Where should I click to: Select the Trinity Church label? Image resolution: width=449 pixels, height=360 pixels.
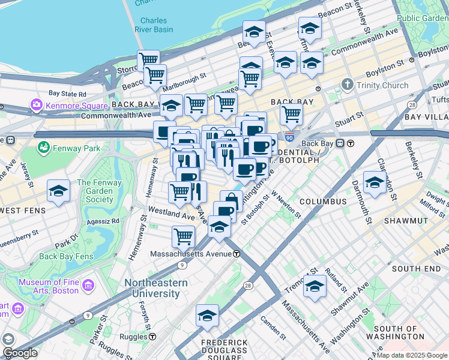[382, 85]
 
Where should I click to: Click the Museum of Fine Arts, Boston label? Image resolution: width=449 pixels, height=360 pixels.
[49, 286]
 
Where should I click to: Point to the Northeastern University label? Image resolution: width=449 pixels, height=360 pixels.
[152, 288]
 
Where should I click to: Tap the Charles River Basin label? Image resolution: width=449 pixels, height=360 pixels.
[154, 25]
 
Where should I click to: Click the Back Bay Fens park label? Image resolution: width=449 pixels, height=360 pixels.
[66, 256]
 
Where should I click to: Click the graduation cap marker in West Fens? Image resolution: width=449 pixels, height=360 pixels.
[59, 191]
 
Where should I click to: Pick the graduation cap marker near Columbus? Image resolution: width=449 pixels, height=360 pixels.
[375, 183]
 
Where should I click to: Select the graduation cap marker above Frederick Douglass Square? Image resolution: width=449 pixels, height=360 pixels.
[207, 316]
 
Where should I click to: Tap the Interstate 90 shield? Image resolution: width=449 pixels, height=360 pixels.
[289, 137]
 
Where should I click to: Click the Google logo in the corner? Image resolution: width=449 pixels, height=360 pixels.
[20, 353]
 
